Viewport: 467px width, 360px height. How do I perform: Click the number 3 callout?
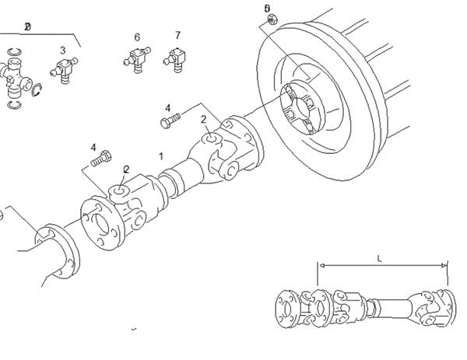click(63, 51)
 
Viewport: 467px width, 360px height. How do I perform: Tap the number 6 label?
click(137, 37)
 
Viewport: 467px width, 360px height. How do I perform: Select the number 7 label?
click(177, 36)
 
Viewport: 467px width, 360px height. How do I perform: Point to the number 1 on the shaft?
click(161, 156)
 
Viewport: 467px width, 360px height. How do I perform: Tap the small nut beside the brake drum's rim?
click(269, 21)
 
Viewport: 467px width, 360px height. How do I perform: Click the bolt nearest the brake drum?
click(170, 121)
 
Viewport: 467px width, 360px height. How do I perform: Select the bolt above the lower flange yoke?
click(97, 162)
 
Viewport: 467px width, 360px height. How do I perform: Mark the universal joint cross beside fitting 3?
click(17, 75)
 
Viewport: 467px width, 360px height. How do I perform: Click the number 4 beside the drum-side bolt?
click(167, 107)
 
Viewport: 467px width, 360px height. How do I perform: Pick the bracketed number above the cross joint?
click(27, 26)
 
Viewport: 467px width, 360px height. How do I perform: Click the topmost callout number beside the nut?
click(267, 9)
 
